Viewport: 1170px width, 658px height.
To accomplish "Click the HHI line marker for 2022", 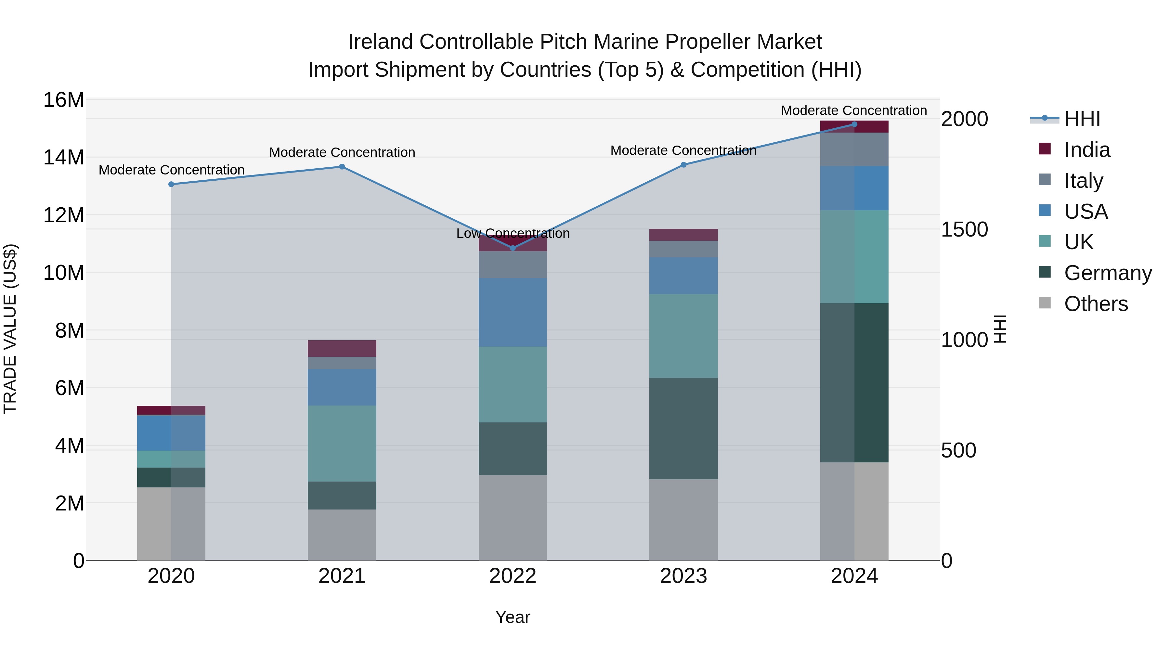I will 513,248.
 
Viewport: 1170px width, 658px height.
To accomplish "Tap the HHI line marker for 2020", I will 171,184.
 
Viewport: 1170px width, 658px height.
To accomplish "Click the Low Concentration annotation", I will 513,233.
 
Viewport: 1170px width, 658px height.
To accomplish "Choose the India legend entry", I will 1087,150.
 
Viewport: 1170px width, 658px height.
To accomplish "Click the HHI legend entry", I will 1082,119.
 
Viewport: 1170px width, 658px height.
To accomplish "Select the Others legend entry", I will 1096,304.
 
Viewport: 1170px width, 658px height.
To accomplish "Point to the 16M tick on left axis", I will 64,100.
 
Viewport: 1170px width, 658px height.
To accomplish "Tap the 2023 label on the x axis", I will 683,576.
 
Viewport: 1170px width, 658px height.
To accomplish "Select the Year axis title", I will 513,617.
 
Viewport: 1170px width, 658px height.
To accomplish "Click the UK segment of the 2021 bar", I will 342,443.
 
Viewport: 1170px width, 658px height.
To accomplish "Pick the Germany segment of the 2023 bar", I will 683,428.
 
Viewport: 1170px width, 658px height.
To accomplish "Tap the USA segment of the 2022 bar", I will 513,312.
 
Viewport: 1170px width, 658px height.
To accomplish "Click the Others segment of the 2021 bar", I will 342,535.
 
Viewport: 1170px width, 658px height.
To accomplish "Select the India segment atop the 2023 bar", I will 683,235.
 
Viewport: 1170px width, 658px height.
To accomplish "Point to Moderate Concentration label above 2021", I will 342,153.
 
